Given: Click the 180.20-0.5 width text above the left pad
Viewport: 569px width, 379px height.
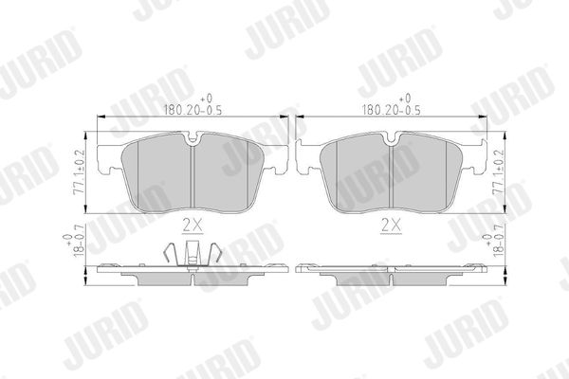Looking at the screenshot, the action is tap(193, 110).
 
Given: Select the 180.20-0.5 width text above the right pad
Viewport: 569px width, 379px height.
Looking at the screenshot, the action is tap(392, 110).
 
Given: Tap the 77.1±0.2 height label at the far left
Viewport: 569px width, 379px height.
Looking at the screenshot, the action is tap(79, 172).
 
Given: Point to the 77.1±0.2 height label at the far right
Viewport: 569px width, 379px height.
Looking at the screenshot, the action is tap(498, 172).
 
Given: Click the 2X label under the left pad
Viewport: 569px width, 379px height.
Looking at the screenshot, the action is tap(193, 226).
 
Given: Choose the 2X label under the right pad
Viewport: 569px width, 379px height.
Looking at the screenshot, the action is tap(391, 226).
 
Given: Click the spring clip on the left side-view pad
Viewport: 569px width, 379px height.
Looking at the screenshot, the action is tap(193, 253).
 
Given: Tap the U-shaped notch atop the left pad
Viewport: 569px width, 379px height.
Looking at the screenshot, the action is tap(193, 138).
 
